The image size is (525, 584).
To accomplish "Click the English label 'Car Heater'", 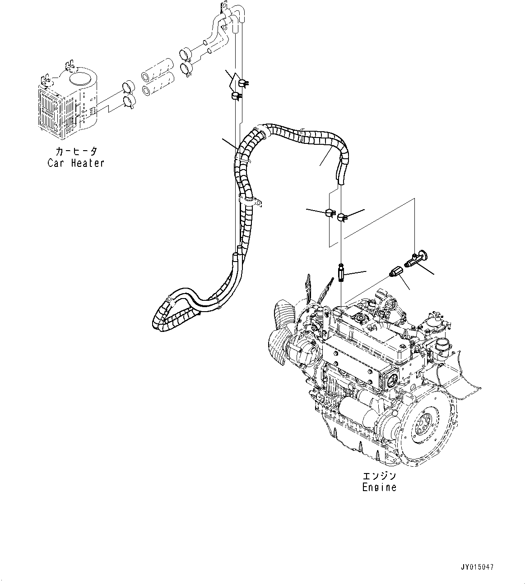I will [76, 163].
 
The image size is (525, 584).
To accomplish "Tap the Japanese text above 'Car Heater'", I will [76, 151].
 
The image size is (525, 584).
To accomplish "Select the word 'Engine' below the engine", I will [379, 487].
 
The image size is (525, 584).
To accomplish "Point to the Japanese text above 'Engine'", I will [379, 476].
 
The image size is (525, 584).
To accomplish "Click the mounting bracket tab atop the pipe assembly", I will [223, 6].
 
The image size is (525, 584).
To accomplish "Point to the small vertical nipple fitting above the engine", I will [341, 273].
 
